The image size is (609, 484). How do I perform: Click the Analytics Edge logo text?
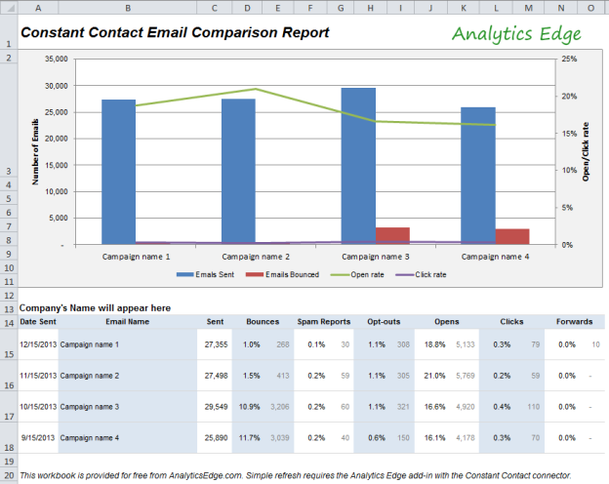516,34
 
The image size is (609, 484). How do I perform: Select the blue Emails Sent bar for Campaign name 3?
358,165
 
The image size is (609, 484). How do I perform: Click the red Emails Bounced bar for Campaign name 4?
512,236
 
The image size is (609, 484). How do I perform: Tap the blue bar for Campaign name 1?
118,171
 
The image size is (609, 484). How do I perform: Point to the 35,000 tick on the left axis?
57,59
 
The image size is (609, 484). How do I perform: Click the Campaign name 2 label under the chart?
256,257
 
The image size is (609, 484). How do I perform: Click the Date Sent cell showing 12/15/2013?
38,344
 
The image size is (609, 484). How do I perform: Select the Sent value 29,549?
212,406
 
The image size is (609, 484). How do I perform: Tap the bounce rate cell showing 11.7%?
251,437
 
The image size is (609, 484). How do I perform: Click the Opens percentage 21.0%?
434,375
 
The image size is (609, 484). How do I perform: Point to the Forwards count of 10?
595,344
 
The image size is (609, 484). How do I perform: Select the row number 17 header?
9,417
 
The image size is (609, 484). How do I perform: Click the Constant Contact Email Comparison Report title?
175,33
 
